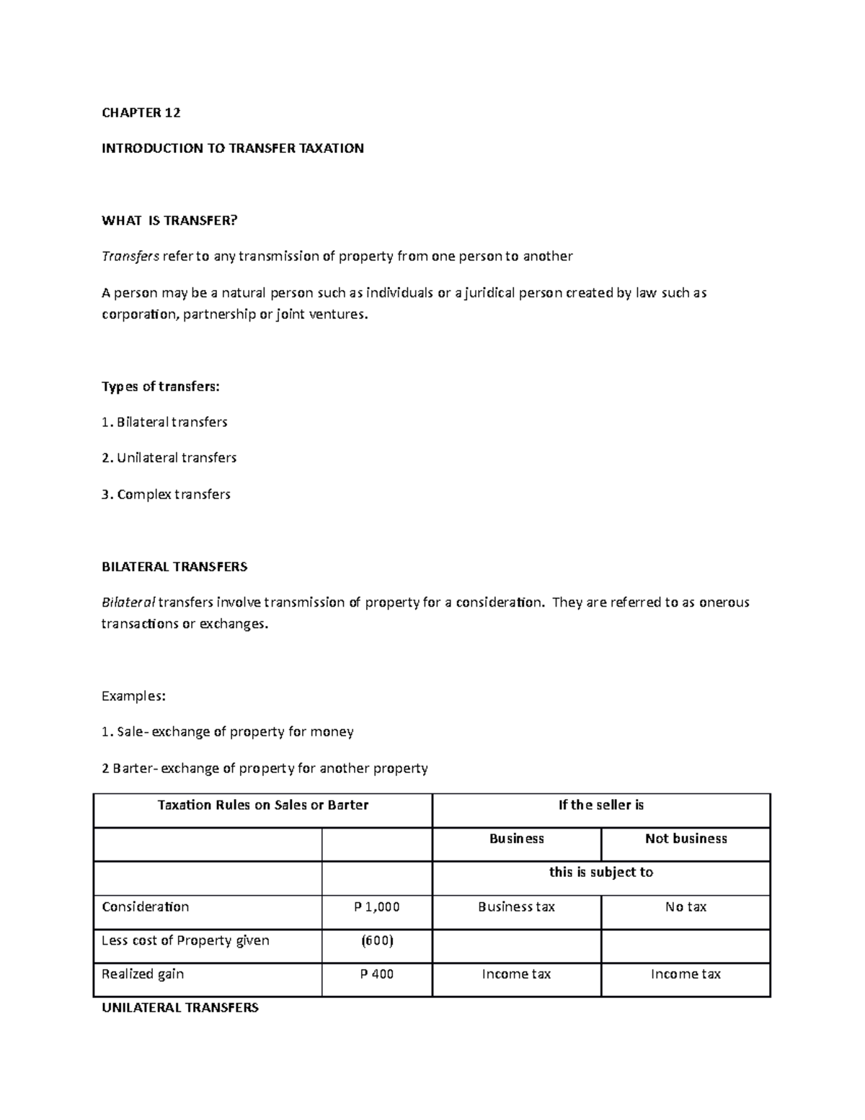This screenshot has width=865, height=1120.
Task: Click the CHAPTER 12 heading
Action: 141,113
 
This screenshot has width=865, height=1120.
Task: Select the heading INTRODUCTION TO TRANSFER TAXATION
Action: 232,149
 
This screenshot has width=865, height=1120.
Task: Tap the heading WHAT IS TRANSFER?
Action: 169,221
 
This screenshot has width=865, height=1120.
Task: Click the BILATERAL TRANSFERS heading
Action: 174,567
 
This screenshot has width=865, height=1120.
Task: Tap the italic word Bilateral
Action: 128,602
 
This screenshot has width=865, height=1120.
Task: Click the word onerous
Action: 725,602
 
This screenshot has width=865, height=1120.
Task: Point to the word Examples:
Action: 133,696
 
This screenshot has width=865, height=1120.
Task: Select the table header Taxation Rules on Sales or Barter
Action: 262,806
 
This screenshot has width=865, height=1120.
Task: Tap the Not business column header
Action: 686,839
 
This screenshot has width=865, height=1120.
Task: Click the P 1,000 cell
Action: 376,907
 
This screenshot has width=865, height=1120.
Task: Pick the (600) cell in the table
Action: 376,940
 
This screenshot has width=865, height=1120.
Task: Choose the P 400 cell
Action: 376,974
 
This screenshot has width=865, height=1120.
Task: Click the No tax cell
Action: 686,907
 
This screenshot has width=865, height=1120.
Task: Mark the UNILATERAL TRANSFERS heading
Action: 179,1007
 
